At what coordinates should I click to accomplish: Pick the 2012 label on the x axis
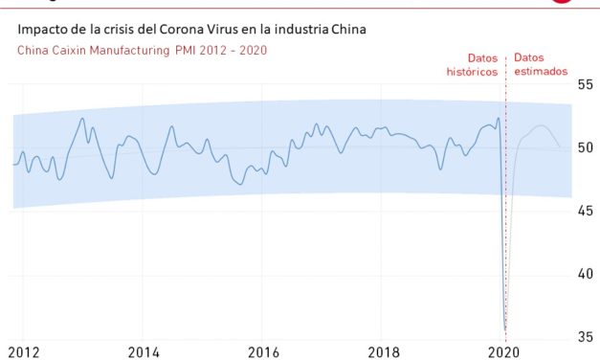pyautogui.click(x=23, y=351)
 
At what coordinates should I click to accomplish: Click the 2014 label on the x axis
pyautogui.click(x=144, y=351)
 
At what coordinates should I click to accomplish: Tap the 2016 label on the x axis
pyautogui.click(x=264, y=351)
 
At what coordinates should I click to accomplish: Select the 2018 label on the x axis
pyautogui.click(x=385, y=351)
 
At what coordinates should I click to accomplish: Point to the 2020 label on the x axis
pyautogui.click(x=503, y=351)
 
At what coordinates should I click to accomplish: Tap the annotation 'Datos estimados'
pyautogui.click(x=541, y=64)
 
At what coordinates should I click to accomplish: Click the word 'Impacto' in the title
pyautogui.click(x=42, y=30)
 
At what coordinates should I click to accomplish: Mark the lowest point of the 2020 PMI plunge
pyautogui.click(x=505, y=328)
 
